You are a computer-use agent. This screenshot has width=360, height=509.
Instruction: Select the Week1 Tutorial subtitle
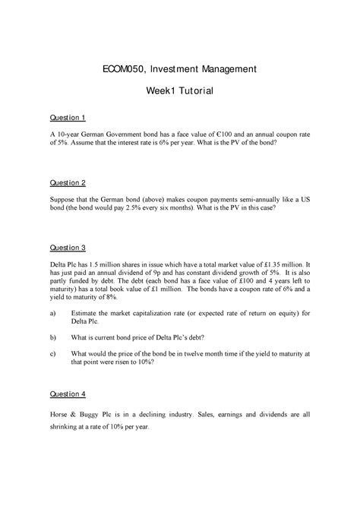click(x=180, y=92)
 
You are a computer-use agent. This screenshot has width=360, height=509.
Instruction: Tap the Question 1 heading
click(x=68, y=118)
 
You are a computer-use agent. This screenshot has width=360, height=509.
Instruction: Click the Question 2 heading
click(x=68, y=183)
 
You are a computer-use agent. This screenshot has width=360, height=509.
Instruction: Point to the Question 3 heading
click(x=68, y=248)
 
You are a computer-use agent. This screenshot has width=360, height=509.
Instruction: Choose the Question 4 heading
click(x=68, y=394)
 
